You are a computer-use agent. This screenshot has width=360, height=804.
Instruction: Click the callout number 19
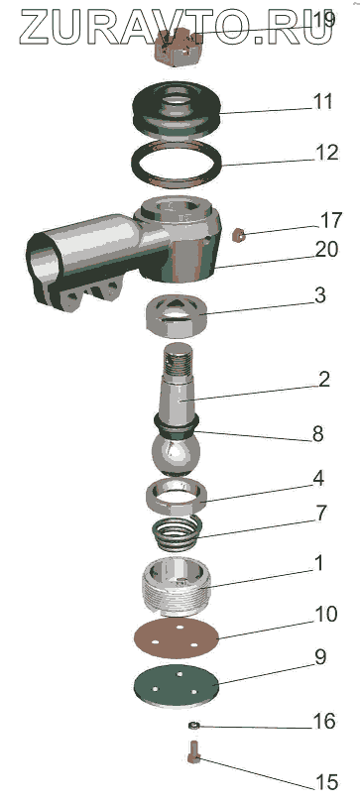[x=323, y=20]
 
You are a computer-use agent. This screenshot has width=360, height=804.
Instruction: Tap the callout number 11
[x=323, y=102]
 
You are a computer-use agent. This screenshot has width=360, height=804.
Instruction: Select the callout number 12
[x=326, y=153]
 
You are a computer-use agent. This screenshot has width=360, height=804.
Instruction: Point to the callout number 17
[x=329, y=220]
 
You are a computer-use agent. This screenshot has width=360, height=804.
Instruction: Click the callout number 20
[x=326, y=250]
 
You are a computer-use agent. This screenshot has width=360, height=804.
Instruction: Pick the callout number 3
[x=320, y=295]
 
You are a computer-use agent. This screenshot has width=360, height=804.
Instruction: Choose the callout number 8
[x=317, y=434]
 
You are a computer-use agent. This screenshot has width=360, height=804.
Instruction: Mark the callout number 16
[x=324, y=722]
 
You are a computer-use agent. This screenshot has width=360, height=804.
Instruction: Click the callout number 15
[x=326, y=782]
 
